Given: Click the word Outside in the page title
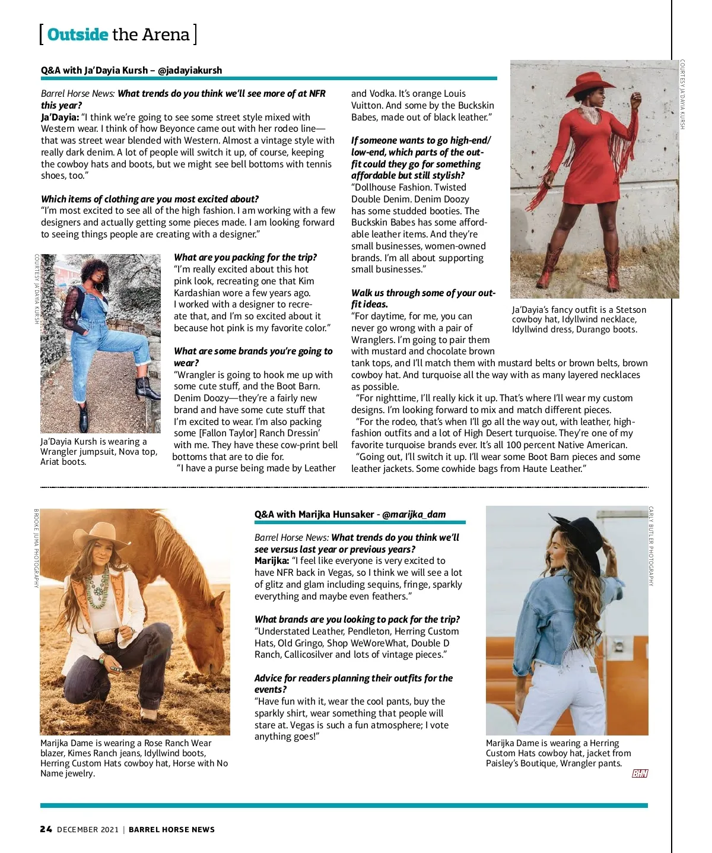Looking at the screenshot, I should [x=77, y=35].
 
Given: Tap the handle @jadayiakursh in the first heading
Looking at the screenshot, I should [x=190, y=70].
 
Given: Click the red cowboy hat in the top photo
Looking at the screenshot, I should [x=590, y=84].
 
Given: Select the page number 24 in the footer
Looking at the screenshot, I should [x=46, y=829].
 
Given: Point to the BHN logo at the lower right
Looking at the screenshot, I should [x=640, y=773].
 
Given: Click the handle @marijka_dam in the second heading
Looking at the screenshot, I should [x=414, y=514].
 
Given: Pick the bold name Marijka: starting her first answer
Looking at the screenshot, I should [x=272, y=560].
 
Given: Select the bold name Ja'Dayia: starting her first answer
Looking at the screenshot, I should [x=60, y=117].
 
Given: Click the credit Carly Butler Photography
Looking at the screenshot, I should [x=651, y=546].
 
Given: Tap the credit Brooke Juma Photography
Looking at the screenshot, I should [x=36, y=548].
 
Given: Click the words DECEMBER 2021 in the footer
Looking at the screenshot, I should [x=88, y=829].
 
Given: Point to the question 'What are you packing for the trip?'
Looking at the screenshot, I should [x=245, y=257].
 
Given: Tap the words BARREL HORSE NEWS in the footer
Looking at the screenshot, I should [x=171, y=829].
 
